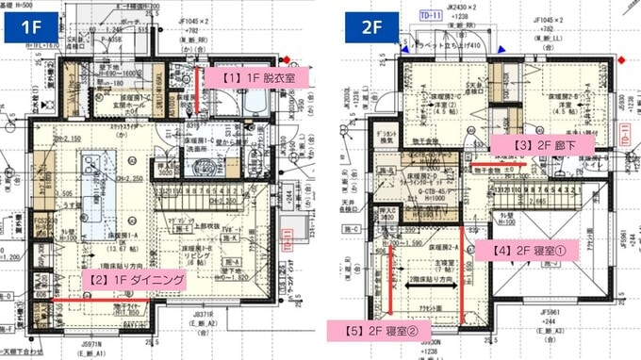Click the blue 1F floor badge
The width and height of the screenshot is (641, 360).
[26, 26]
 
